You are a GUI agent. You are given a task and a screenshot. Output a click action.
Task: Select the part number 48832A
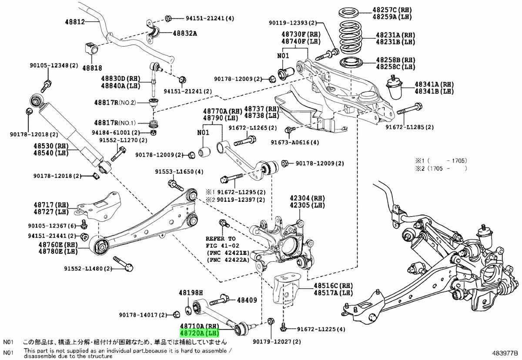[186, 33]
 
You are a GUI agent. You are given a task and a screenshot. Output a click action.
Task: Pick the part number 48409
[247, 300]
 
